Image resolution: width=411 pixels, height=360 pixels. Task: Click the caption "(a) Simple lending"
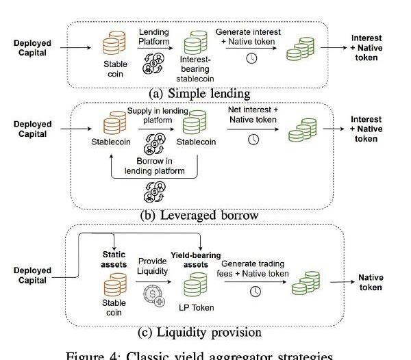point(199,93)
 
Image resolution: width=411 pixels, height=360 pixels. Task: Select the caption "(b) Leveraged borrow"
point(199,215)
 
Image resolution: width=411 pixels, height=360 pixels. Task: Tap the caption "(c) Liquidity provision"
point(200,333)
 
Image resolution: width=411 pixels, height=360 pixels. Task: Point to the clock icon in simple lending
point(251,58)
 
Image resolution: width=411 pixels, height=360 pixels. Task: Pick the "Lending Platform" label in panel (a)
point(153,37)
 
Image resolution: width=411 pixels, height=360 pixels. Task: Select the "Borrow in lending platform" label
point(155,166)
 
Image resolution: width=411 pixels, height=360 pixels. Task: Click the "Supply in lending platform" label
point(158,116)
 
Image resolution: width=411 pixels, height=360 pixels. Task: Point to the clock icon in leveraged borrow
point(253,139)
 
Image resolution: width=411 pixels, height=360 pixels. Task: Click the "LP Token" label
point(197,307)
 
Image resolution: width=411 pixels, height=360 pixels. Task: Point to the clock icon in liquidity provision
point(255,292)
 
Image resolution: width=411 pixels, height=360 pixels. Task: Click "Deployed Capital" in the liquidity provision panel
point(32,275)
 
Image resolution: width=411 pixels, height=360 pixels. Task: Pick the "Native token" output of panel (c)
point(371,282)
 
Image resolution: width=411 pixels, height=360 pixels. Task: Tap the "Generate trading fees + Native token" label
point(255,268)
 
